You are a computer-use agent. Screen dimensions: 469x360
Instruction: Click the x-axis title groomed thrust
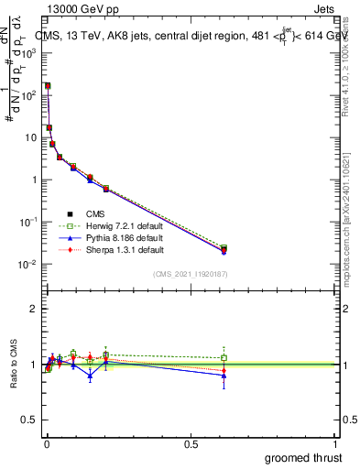pyautogui.click(x=304, y=457)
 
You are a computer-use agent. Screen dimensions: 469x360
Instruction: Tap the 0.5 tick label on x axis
pyautogui.click(x=191, y=443)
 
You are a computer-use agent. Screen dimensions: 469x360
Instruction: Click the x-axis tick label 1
pyautogui.click(x=336, y=443)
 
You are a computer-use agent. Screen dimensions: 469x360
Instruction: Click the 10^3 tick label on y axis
pyautogui.click(x=29, y=53)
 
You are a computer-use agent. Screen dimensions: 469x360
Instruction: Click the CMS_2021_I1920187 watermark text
pyautogui.click(x=190, y=273)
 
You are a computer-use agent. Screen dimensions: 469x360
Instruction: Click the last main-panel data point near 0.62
pyautogui.click(x=224, y=249)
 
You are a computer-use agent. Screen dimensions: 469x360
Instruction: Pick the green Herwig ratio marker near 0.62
pyautogui.click(x=224, y=357)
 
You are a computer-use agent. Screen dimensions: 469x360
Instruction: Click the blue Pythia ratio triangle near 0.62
pyautogui.click(x=224, y=376)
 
